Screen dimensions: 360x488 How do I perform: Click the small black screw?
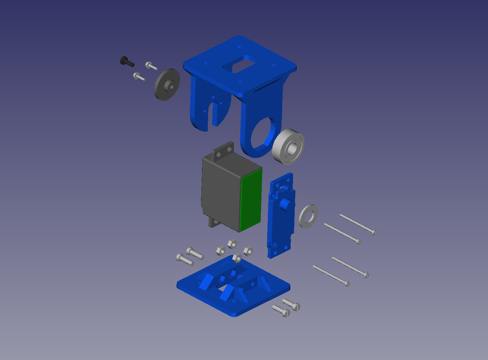126,61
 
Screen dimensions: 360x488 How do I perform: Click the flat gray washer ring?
308,216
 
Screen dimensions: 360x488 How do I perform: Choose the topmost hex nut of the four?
232,244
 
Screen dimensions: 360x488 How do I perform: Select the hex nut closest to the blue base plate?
237,258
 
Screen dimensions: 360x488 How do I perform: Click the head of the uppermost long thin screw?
375,232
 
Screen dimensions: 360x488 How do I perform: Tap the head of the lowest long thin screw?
347,284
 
